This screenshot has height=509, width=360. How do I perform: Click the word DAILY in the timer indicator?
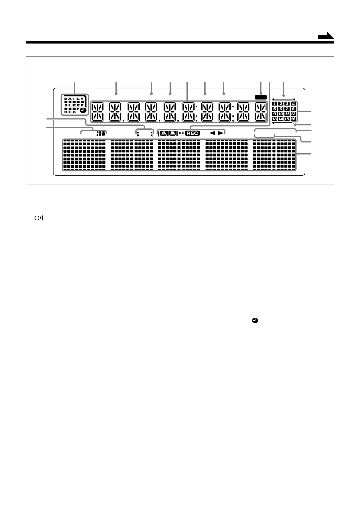(74, 99)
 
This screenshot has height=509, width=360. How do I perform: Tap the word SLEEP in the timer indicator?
(74, 105)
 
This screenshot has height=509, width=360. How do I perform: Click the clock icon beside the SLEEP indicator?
(83, 110)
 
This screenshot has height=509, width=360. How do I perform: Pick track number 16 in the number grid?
(293, 119)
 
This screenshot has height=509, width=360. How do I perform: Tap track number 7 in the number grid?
(287, 109)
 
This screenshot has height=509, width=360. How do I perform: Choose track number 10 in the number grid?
(281, 114)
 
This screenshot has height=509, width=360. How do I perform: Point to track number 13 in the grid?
(274, 119)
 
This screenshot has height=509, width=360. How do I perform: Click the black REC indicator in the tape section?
(193, 133)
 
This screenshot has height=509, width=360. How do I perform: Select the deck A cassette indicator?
(163, 133)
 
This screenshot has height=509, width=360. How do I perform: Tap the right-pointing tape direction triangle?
(221, 133)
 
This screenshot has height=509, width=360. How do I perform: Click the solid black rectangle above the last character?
(261, 97)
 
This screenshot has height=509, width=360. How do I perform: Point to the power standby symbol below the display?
(38, 218)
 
